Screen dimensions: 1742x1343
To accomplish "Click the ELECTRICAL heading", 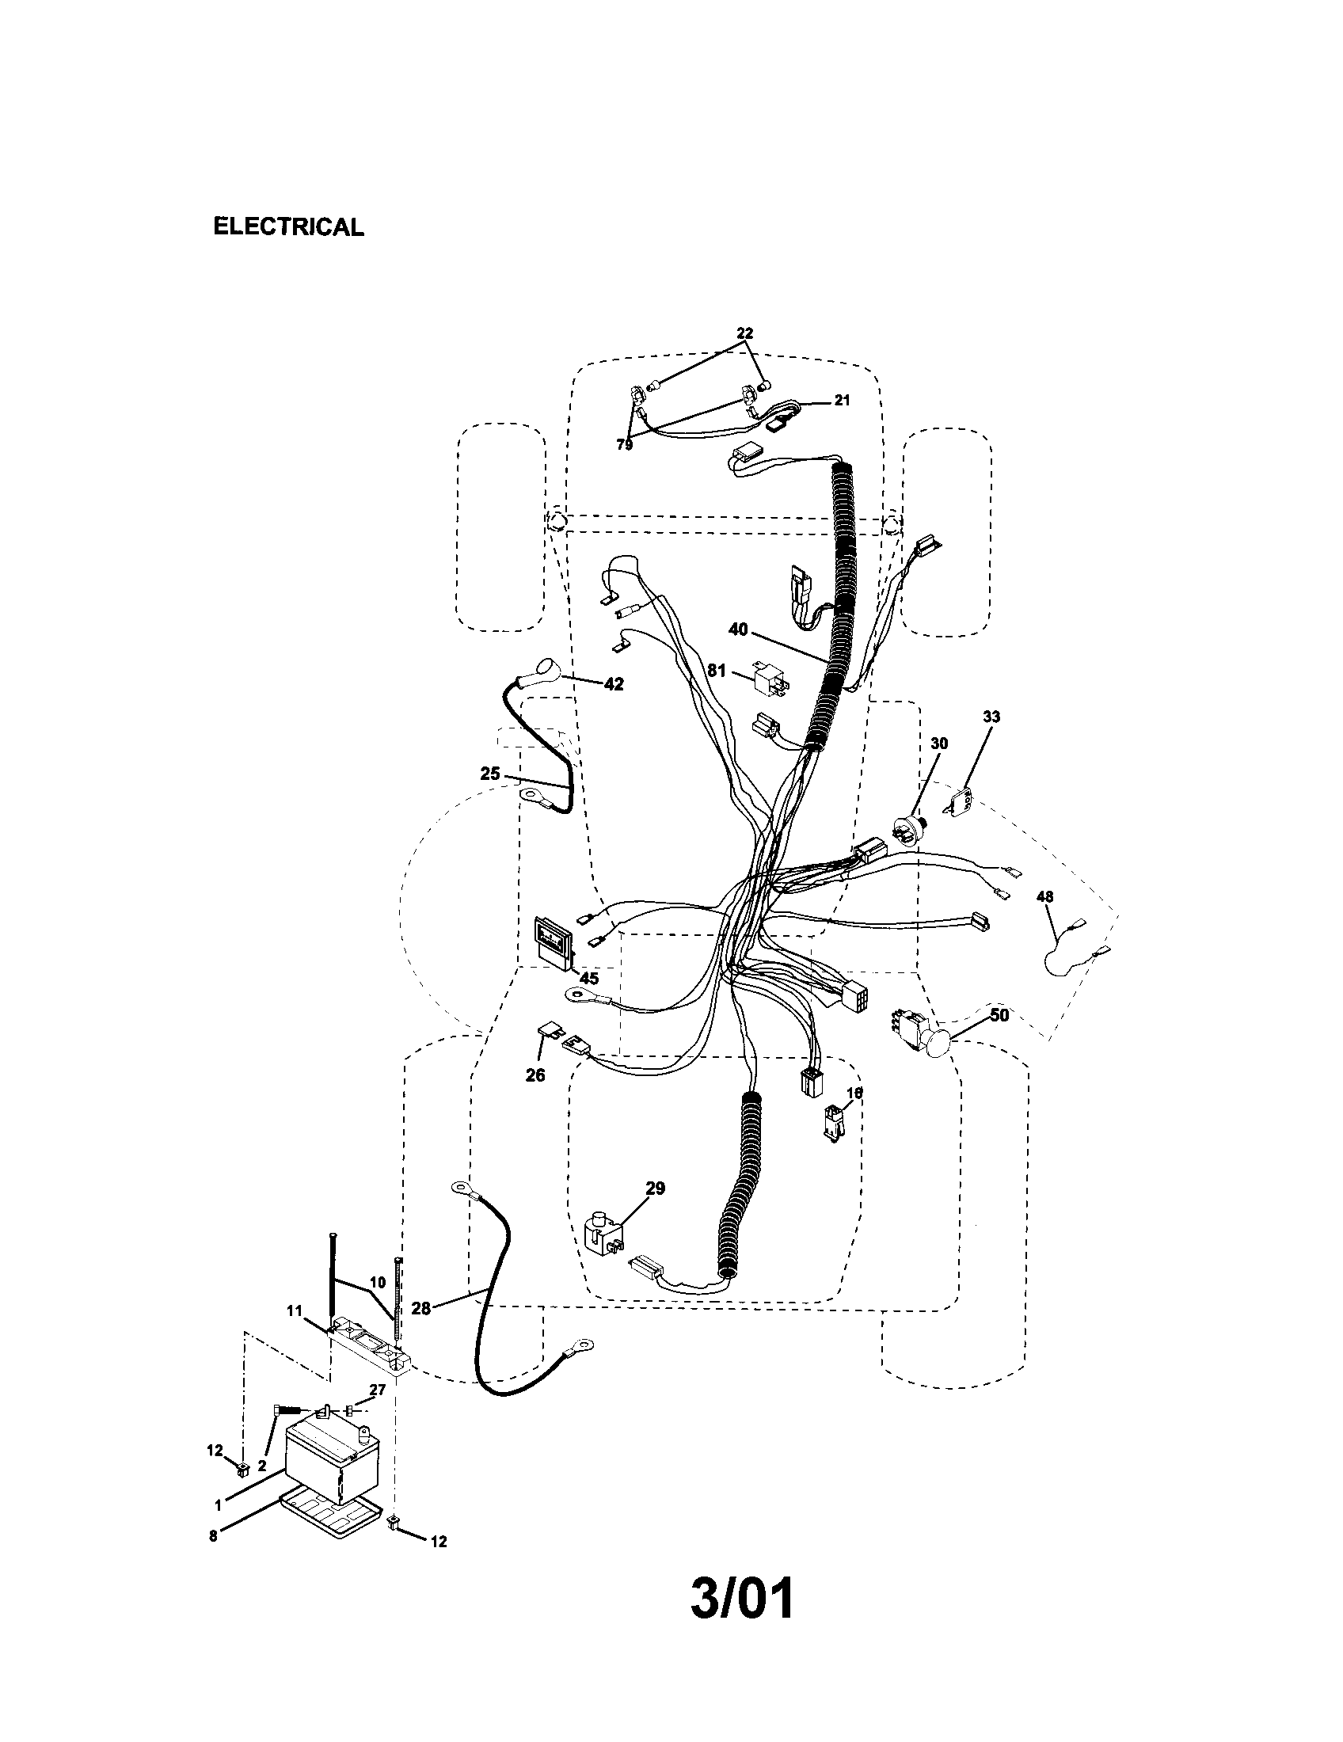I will click(289, 226).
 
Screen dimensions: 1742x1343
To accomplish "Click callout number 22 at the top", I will click(744, 333).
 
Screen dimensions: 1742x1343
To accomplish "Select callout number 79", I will click(625, 445).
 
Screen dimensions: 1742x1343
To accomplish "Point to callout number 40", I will click(738, 629).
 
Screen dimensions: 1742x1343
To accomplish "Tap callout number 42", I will click(613, 683).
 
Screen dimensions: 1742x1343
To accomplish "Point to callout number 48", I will click(1044, 896).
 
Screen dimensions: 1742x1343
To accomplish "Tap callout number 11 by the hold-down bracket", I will click(295, 1310).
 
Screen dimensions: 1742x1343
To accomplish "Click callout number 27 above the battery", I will click(377, 1389).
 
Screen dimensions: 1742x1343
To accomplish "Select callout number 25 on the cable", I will click(490, 773).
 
